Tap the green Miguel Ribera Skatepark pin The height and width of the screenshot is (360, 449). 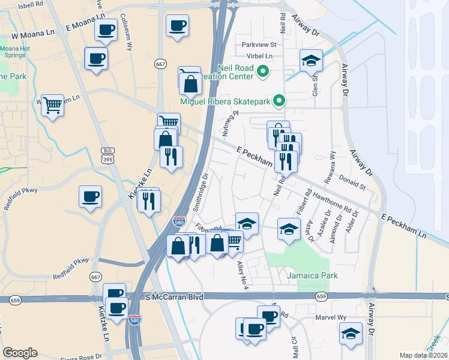tap(279, 101)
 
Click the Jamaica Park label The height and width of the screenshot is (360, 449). tap(312, 275)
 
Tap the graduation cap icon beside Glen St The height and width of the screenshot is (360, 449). tap(311, 61)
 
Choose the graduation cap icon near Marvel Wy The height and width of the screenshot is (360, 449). tap(351, 333)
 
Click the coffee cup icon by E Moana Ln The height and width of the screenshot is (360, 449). tap(106, 29)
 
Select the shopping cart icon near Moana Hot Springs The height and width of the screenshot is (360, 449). tap(52, 104)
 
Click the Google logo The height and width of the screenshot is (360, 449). tap(20, 353)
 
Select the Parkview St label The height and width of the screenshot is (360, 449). tap(258, 44)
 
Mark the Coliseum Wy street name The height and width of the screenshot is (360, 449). tap(127, 34)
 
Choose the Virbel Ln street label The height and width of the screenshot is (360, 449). tap(261, 56)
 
